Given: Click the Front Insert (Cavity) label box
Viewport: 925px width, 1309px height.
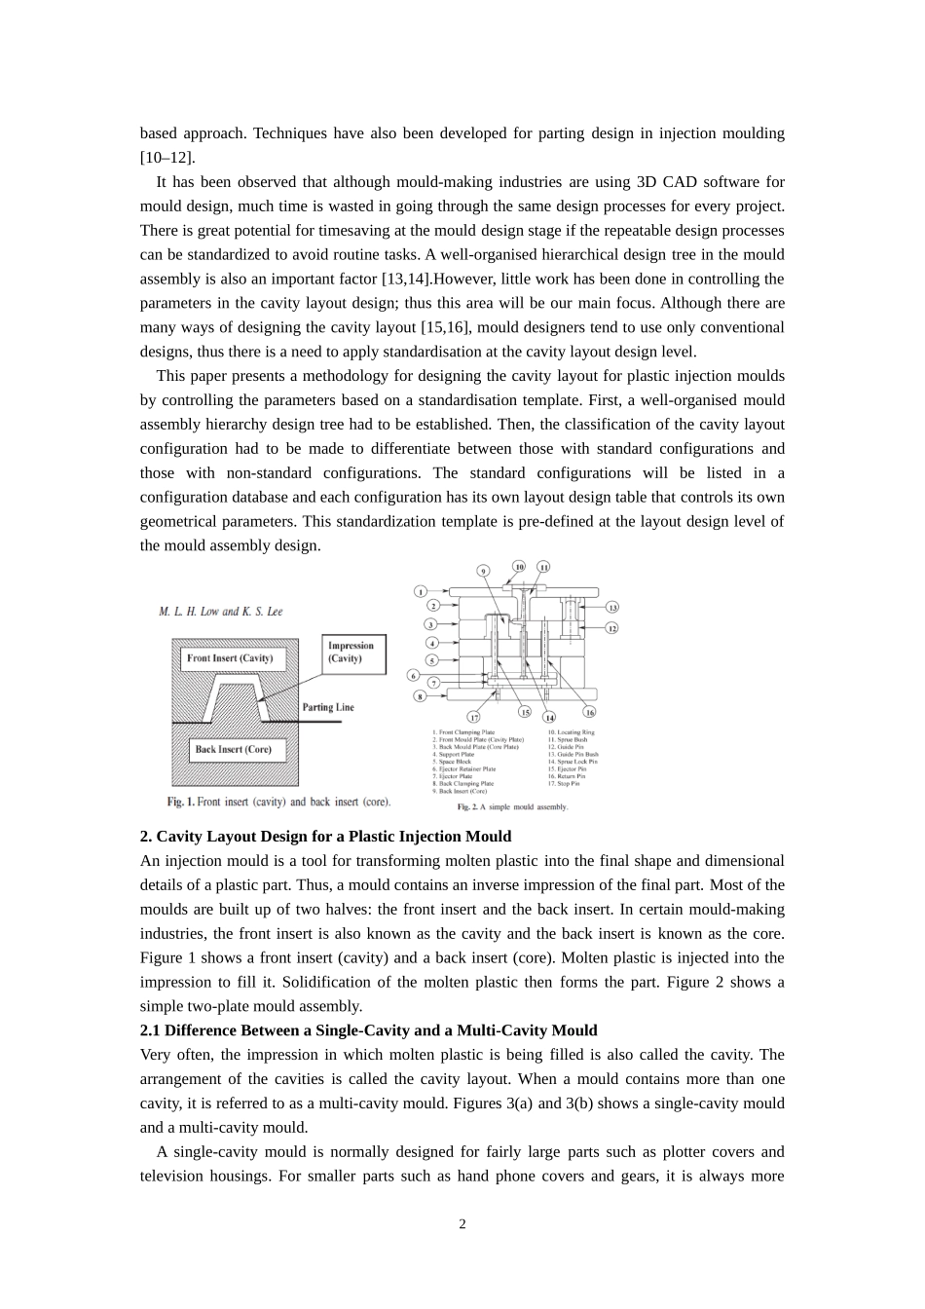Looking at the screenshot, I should coord(230,658).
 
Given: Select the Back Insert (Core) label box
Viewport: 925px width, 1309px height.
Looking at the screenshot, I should coord(233,749).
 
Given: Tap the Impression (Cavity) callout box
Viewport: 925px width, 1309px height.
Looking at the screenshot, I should coord(351,653).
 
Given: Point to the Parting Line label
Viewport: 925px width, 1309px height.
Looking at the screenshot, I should coord(328,707).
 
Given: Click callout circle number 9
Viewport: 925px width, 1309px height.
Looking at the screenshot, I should coord(482,570).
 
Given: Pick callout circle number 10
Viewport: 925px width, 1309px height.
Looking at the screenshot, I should coord(519,566).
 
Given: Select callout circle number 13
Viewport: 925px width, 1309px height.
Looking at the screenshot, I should coord(612,607).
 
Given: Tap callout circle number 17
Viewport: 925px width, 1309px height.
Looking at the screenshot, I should coord(474,717).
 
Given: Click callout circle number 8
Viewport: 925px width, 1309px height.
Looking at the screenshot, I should coord(421,696).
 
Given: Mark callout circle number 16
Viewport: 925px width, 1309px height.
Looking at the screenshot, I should coord(589,712).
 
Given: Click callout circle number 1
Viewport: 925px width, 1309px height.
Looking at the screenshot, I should coord(421,591).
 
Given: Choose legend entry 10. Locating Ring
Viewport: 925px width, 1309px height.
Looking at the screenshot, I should coord(571,732).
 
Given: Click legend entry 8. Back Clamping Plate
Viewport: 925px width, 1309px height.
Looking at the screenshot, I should coord(466,783).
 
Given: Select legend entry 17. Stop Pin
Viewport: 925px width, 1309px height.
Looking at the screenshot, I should coord(564,783).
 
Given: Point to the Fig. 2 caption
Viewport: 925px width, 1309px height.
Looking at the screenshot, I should coord(512,807).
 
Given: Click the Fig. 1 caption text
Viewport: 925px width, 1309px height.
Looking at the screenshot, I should coord(278,802).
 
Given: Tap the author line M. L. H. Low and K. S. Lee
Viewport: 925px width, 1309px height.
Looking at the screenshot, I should coord(221,612).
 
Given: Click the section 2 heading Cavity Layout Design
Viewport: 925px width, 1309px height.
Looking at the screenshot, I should coord(325,837).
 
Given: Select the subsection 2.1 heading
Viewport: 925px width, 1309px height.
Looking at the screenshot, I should coord(368,1030).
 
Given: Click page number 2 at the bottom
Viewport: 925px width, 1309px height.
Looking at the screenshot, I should coord(462,1224).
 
